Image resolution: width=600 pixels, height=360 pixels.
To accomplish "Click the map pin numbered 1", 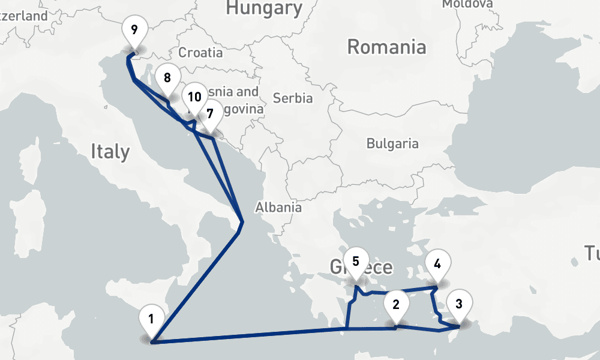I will click(151, 320).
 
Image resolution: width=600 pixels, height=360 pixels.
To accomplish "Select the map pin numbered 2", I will click(396, 304).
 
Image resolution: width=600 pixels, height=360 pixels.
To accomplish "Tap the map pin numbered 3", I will click(459, 304).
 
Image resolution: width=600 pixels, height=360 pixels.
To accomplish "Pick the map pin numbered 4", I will click(437, 263).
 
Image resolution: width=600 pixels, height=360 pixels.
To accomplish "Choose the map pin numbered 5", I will click(356, 262).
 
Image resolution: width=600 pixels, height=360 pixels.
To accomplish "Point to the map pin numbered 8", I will click(167, 78).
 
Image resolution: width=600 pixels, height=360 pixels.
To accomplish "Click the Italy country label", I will click(110, 151).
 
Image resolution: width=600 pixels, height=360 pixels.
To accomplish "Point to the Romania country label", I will click(386, 47).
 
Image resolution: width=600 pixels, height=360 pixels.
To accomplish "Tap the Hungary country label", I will click(264, 8).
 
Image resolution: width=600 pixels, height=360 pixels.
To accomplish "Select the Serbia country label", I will click(293, 98).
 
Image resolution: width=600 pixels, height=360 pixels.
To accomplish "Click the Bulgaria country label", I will click(392, 143).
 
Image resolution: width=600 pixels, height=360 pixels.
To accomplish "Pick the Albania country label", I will click(278, 208).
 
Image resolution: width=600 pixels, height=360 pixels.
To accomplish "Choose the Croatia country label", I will click(200, 52).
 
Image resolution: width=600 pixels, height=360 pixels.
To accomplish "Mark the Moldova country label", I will click(467, 4).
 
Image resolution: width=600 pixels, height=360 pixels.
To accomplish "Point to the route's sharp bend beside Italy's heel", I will click(242, 223).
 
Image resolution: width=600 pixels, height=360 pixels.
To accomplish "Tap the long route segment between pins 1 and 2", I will click(252, 335).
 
